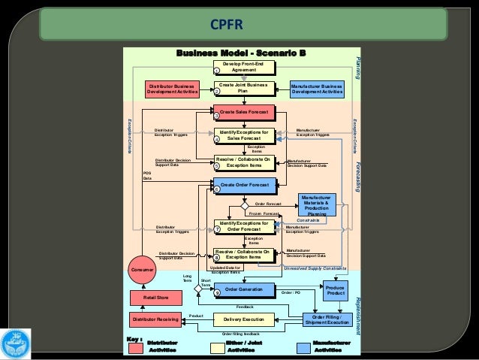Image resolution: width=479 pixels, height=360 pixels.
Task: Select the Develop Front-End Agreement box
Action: click(x=243, y=68)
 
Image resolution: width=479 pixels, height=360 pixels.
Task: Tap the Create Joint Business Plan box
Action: click(x=243, y=89)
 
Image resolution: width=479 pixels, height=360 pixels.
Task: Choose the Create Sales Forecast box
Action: click(x=243, y=112)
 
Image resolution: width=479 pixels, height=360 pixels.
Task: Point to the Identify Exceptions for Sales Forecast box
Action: click(x=243, y=135)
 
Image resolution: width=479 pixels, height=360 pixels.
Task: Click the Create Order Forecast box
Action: click(x=243, y=185)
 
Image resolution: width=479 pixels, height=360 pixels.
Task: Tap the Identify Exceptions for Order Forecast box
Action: click(x=243, y=226)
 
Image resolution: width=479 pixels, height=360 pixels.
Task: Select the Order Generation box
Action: click(x=243, y=289)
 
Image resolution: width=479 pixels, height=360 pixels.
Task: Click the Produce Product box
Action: click(x=336, y=290)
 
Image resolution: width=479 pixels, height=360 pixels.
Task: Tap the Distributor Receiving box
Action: click(x=155, y=319)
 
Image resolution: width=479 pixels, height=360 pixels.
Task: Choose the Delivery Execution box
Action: click(x=243, y=319)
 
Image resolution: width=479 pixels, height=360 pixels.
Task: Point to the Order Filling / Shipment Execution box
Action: click(x=326, y=319)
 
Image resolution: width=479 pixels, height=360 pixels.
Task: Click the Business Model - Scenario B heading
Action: click(x=240, y=53)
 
